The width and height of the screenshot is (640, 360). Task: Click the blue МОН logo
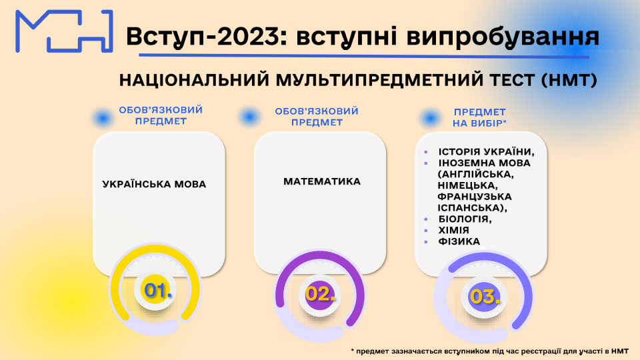64,31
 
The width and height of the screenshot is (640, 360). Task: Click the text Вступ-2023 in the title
202,36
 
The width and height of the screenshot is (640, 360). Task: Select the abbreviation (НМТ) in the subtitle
569,80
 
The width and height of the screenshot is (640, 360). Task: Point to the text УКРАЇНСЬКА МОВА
154,184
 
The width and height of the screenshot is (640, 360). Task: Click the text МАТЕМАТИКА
322,181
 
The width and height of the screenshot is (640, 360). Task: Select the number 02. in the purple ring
321,294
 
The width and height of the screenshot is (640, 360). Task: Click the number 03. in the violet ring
485,296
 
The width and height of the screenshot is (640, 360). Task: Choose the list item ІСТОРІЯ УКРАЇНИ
487,152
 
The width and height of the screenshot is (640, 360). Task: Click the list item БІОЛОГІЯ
465,219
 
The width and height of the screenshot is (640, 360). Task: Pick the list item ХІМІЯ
453,230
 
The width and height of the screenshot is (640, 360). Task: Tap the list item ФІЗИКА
459,241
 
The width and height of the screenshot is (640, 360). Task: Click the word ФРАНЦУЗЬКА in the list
475,197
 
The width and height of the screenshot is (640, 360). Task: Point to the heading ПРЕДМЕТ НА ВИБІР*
479,117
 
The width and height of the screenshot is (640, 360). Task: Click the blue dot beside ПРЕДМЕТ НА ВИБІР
430,119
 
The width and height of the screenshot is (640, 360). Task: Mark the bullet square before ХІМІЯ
426,231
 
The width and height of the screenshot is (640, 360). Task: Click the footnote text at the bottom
490,351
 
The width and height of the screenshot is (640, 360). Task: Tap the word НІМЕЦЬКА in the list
468,186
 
